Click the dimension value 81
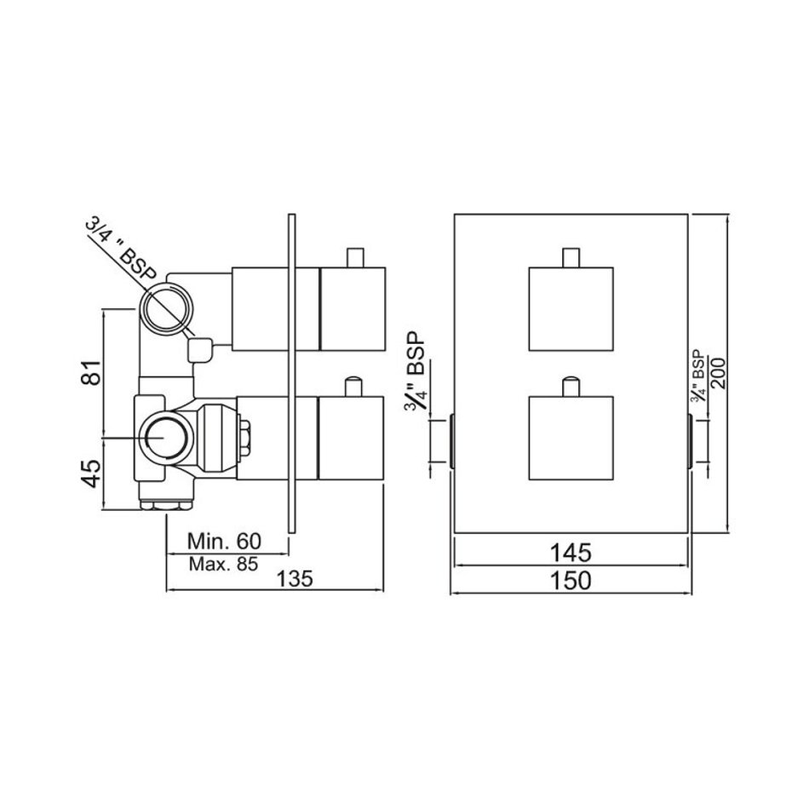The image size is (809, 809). [x=92, y=371]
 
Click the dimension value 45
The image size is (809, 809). [x=92, y=473]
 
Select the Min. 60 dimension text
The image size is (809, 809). [x=224, y=542]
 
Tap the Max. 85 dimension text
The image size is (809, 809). [x=223, y=564]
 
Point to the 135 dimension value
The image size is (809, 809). [x=295, y=578]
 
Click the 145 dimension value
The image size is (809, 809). [x=570, y=553]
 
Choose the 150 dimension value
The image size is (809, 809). [x=570, y=581]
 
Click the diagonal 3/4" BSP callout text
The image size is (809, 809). [x=121, y=250]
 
